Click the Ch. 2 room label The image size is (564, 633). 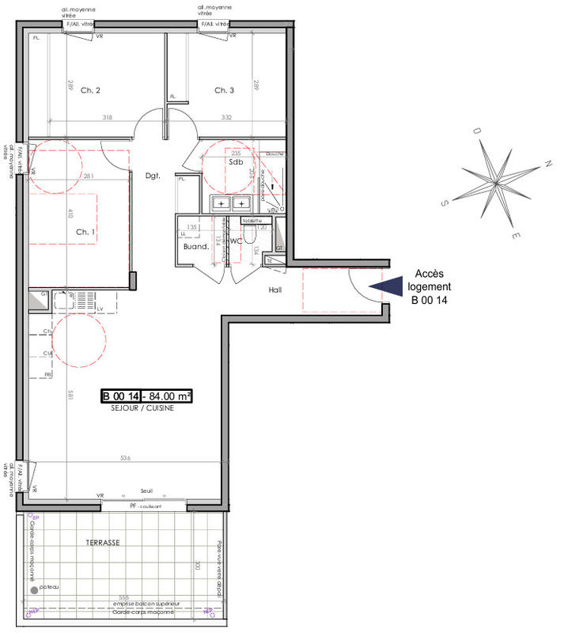(x=90, y=91)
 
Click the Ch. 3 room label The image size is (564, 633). (x=225, y=91)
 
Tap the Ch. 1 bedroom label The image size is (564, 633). (x=86, y=232)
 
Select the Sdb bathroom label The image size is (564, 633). (x=235, y=161)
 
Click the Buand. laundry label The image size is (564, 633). (x=195, y=246)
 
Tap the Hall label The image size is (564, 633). (x=275, y=290)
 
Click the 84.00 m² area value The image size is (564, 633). (x=166, y=396)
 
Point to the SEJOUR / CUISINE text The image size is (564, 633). (x=142, y=409)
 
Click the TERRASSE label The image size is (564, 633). (x=103, y=543)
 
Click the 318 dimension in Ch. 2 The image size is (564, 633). (x=108, y=117)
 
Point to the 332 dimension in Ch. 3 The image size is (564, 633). (x=226, y=117)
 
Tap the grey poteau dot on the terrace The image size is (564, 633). (x=33, y=589)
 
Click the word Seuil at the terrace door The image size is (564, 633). (x=146, y=491)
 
